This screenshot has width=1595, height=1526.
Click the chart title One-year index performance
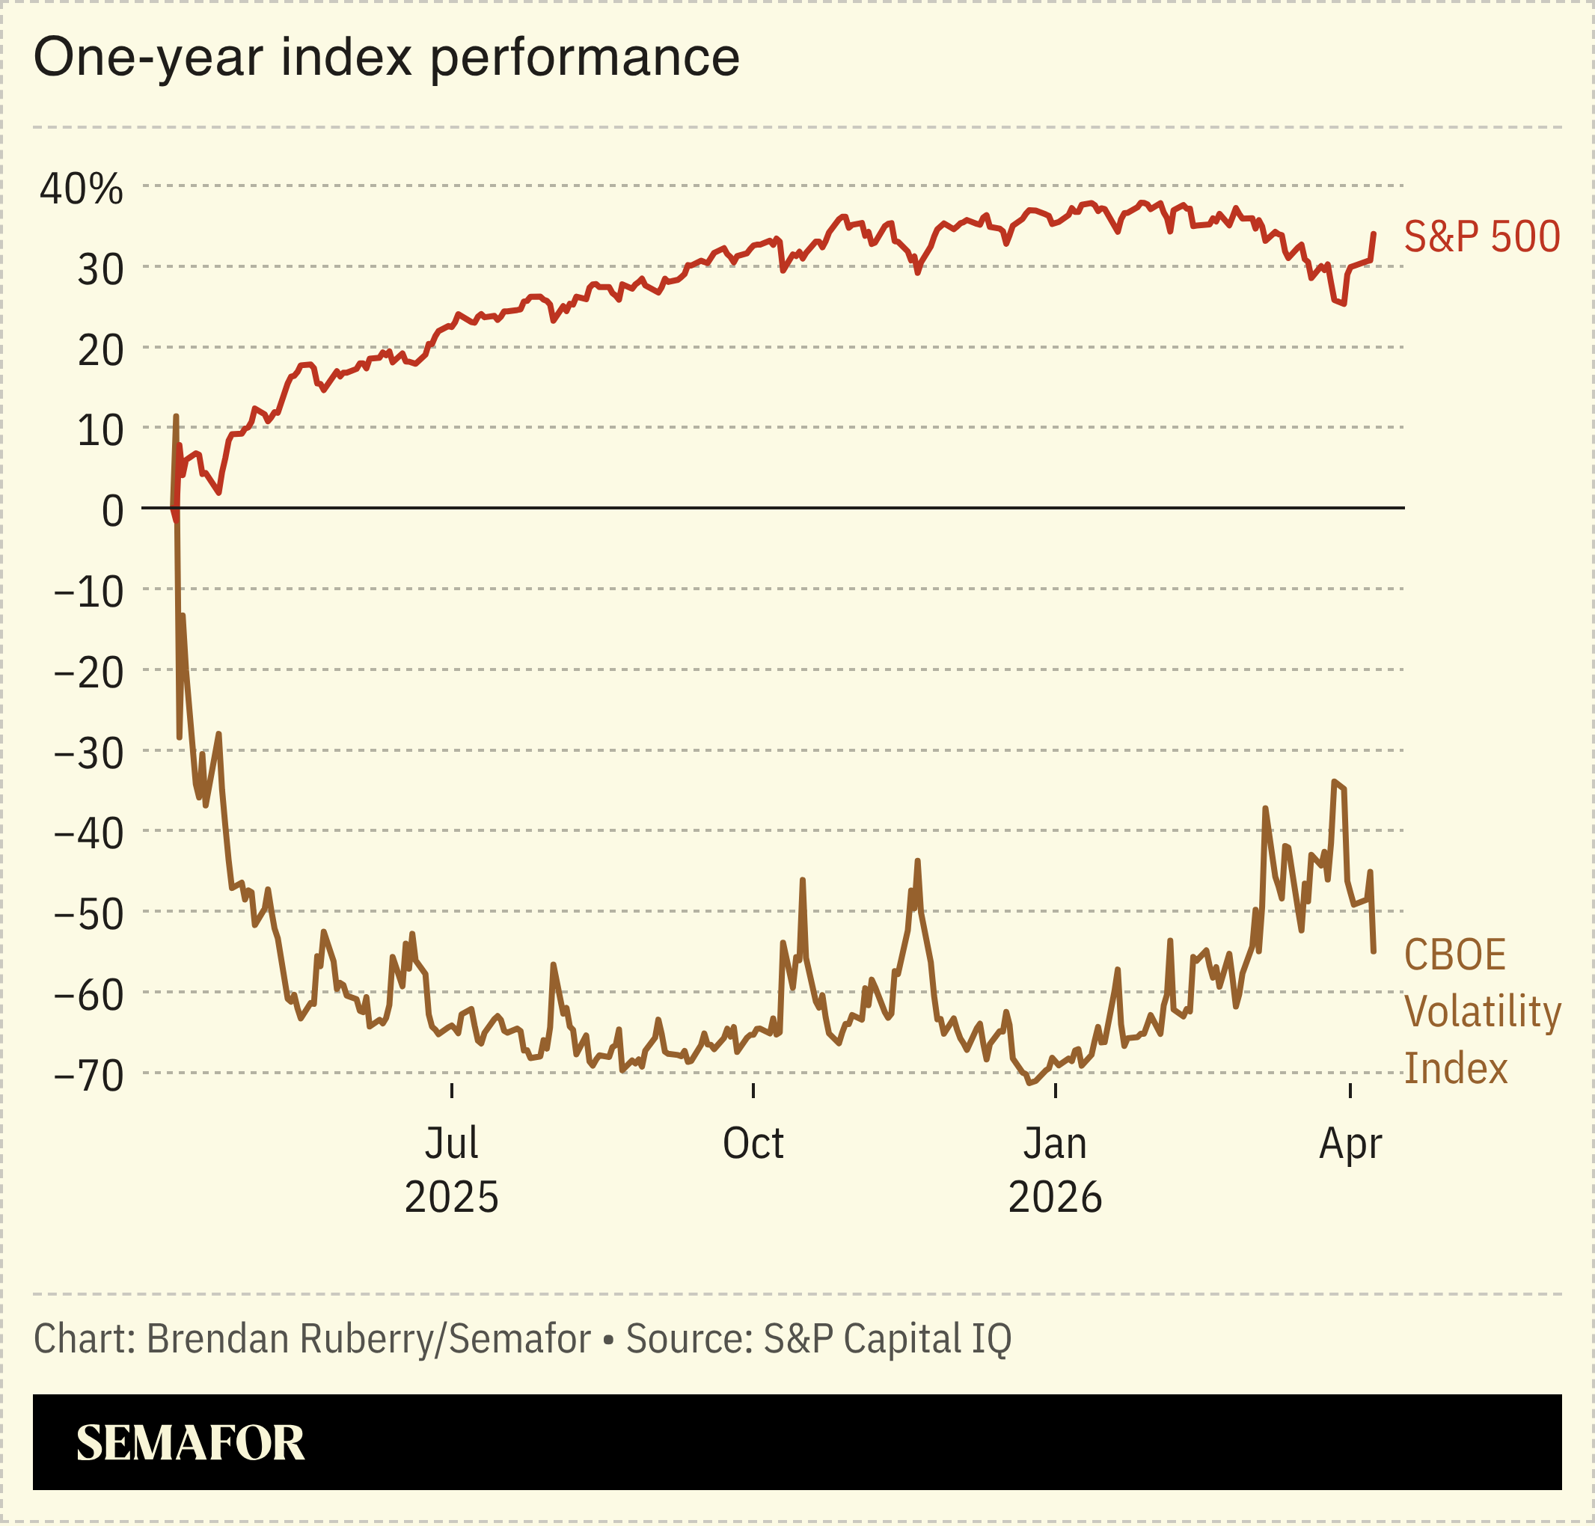pos(386,58)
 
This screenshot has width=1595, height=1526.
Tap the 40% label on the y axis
pos(82,189)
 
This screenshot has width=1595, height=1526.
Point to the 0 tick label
pos(113,511)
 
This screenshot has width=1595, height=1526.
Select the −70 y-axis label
pos(89,1076)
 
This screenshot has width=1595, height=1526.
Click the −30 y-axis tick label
pos(89,753)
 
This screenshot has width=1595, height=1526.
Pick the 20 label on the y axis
pos(100,351)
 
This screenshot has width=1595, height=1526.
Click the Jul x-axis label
pos(451,1144)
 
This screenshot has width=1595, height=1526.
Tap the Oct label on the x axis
pos(753,1144)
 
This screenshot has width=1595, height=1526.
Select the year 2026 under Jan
pos(1055,1198)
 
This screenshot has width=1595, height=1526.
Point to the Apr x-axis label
pos(1350,1144)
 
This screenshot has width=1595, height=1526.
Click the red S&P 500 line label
pos(1482,236)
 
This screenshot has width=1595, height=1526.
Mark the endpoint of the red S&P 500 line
pos(1374,233)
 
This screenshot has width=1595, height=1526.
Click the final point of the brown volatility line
pos(1374,951)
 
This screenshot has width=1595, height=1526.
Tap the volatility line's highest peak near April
pos(1335,781)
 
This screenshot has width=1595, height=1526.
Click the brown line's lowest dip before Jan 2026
pos(1029,1083)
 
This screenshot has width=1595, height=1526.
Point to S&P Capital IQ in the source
pos(887,1338)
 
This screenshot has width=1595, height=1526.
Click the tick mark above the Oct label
pos(753,1091)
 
